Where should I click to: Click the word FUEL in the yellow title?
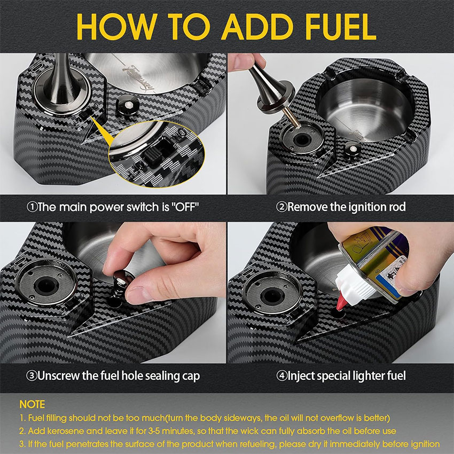pyautogui.click(x=341, y=27)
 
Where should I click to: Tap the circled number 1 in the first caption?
pyautogui.click(x=32, y=207)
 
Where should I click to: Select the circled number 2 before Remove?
pyautogui.click(x=281, y=207)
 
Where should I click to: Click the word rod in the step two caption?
pyautogui.click(x=397, y=207)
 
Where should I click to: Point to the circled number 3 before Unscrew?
pyautogui.click(x=32, y=376)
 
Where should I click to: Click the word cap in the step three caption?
pyautogui.click(x=191, y=377)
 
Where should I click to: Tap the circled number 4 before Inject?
pyautogui.click(x=281, y=376)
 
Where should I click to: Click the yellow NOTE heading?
pyautogui.click(x=32, y=404)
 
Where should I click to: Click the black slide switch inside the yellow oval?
pyautogui.click(x=154, y=154)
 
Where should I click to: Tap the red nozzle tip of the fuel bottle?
pyautogui.click(x=341, y=302)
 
